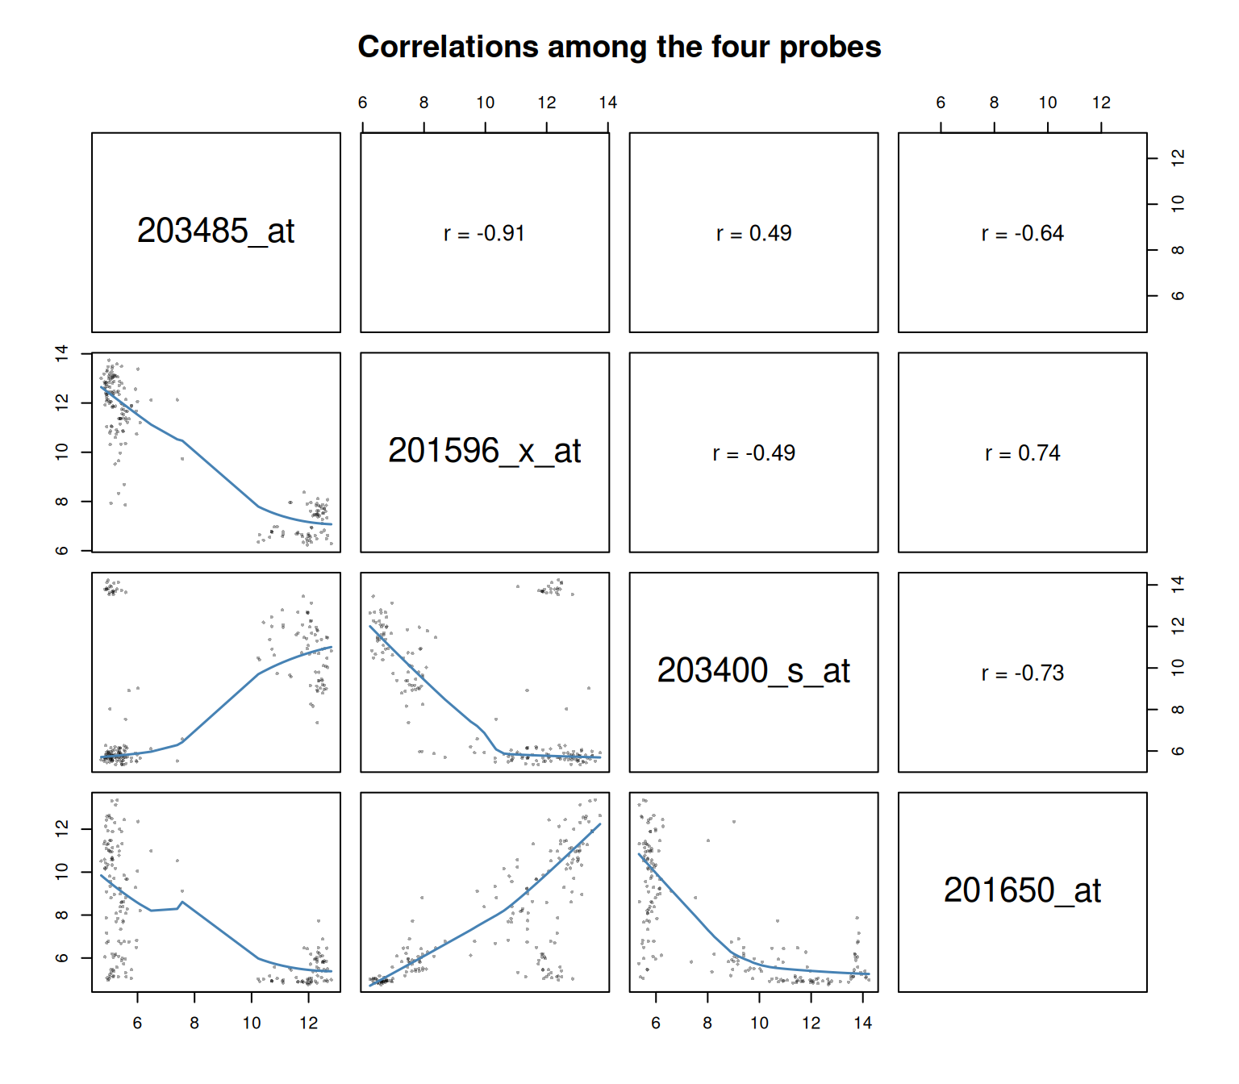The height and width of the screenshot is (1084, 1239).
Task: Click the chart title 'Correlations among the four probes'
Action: click(619, 48)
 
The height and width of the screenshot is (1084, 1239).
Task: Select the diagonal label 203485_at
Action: click(215, 231)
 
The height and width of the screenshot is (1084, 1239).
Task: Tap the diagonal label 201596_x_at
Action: click(485, 451)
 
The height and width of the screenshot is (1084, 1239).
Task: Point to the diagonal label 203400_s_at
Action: click(753, 671)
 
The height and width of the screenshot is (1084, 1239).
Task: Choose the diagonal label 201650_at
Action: click(1022, 890)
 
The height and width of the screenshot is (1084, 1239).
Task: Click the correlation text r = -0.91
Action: click(485, 233)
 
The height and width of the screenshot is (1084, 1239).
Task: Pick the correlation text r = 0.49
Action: click(753, 233)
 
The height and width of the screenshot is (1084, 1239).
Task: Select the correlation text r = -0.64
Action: click(1022, 233)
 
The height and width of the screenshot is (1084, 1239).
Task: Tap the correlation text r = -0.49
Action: click(753, 453)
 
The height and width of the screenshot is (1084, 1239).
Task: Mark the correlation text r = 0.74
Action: click(1022, 453)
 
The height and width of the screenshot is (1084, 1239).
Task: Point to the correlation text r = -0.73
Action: click(1022, 673)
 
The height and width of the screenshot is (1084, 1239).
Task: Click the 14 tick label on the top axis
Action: click(608, 103)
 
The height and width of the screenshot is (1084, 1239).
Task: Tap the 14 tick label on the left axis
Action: click(62, 353)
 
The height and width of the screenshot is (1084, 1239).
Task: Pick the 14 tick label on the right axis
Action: click(1177, 585)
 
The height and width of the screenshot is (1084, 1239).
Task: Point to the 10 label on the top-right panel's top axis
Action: click(1048, 103)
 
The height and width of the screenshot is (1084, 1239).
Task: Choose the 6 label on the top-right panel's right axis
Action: click(1177, 295)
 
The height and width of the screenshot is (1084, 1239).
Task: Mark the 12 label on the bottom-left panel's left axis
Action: click(62, 828)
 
